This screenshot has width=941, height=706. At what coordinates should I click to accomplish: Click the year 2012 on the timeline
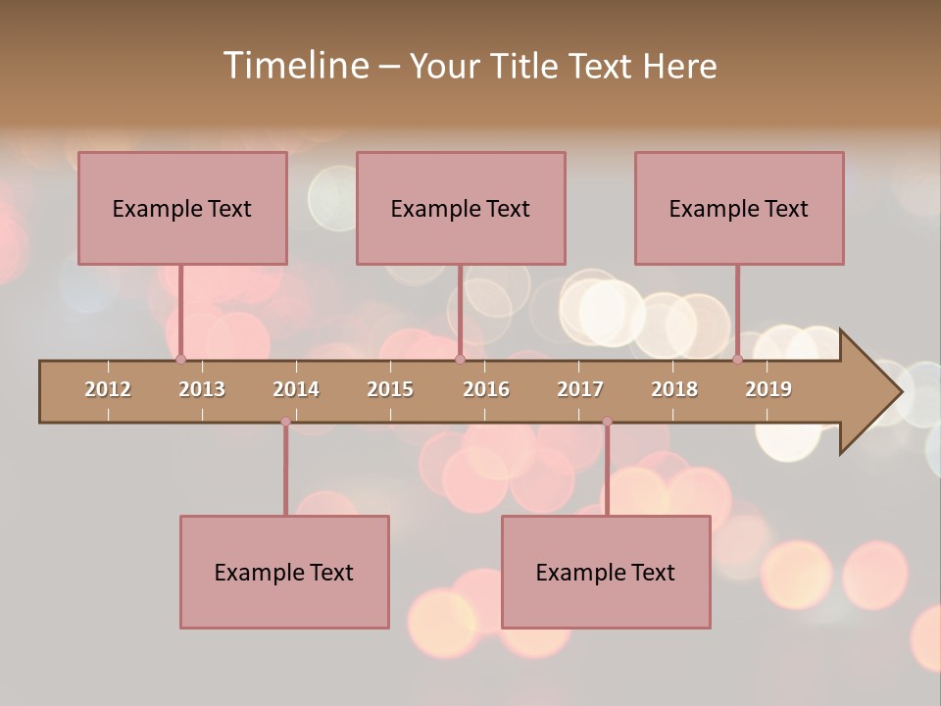tap(108, 389)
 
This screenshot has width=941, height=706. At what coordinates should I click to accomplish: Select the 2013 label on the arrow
tap(202, 389)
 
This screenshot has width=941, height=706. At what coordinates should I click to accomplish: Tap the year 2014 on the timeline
tap(296, 389)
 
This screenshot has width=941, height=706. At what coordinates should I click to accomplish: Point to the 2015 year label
tap(390, 389)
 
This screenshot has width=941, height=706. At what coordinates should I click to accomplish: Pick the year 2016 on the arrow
tap(486, 389)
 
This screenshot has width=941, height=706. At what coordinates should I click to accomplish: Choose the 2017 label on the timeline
tap(580, 389)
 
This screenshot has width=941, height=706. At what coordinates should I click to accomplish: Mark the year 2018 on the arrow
tap(674, 389)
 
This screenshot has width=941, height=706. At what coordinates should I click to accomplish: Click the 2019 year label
tap(768, 389)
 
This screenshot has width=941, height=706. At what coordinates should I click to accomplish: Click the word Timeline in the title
tap(295, 66)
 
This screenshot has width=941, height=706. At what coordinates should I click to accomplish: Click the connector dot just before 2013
tap(180, 359)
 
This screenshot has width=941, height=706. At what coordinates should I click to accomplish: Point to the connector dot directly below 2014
tap(285, 422)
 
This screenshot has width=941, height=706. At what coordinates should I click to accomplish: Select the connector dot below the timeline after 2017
tap(607, 422)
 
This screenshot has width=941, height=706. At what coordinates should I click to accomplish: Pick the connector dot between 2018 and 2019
tap(737, 359)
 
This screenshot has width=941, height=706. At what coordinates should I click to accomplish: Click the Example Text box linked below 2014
tap(284, 572)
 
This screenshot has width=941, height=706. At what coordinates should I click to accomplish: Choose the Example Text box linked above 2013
tap(182, 208)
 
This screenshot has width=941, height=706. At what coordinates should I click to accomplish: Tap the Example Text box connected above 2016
tap(461, 208)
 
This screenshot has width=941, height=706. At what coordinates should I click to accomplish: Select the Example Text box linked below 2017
tap(606, 572)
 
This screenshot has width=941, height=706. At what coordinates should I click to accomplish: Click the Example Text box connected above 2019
tap(739, 208)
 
